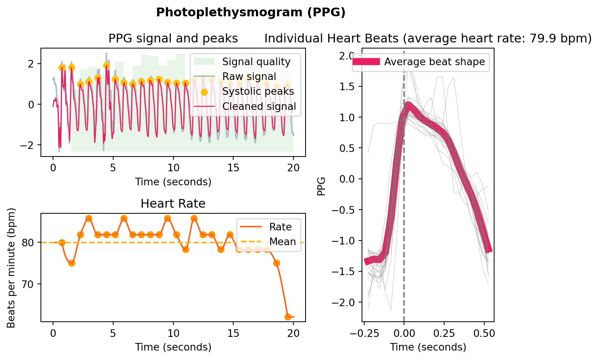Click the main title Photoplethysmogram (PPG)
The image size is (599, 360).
pyautogui.click(x=251, y=13)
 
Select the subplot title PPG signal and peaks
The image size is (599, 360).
pyautogui.click(x=173, y=39)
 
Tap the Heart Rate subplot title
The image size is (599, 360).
pyautogui.click(x=173, y=204)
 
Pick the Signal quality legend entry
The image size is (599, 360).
pyautogui.click(x=256, y=62)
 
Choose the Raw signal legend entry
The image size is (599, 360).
pyautogui.click(x=249, y=77)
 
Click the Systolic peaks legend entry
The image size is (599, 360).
pyautogui.click(x=258, y=91)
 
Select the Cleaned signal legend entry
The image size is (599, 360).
pyautogui.click(x=259, y=106)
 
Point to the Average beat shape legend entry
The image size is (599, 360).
pyautogui.click(x=434, y=62)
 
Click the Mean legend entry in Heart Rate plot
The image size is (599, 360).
pyautogui.click(x=282, y=242)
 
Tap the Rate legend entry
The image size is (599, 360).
pyautogui.click(x=280, y=227)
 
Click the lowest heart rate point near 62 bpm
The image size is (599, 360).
pyautogui.click(x=288, y=317)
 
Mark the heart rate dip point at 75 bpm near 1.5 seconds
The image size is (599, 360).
pyautogui.click(x=72, y=263)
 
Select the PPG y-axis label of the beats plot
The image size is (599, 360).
pyautogui.click(x=321, y=186)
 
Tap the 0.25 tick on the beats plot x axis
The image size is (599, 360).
pyautogui.click(x=444, y=334)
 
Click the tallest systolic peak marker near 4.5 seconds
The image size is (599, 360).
pyautogui.click(x=107, y=66)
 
